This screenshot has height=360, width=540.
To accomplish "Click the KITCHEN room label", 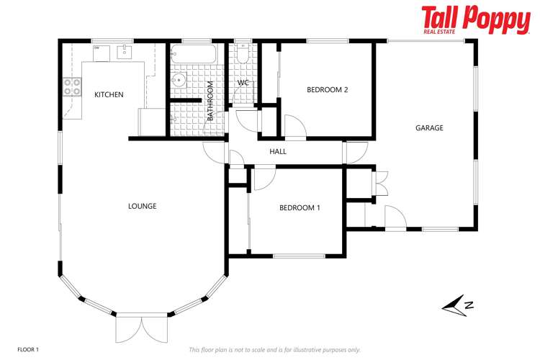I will tap(109, 94).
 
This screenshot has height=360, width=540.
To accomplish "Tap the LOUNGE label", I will tap(142, 206).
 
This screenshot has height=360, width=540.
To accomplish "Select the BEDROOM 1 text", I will tap(300, 208).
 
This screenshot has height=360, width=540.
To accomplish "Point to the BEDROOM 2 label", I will tap(327, 90).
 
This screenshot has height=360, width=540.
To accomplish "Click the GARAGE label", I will tap(429, 128).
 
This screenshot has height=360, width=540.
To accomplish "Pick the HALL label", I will tap(278, 152).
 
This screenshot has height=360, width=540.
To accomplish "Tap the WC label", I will tap(243, 83).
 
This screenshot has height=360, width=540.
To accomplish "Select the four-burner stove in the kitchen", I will tap(72, 87).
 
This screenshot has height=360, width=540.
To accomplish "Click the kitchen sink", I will tap(125, 51).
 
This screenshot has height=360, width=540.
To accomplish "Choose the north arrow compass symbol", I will tap(458, 306).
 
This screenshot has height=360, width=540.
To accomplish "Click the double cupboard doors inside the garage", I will tap(381, 181).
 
